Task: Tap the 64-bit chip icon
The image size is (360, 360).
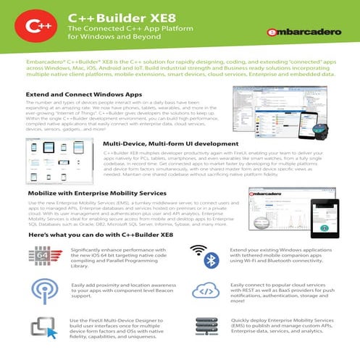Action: pyautogui.click(x=41, y=256)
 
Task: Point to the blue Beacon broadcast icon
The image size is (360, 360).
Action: pyautogui.click(x=41, y=290)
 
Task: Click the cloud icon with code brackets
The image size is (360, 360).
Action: pyautogui.click(x=206, y=291)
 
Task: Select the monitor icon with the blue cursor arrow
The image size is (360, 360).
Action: pyautogui.click(x=41, y=328)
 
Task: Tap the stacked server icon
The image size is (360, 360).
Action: pyautogui.click(x=206, y=328)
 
